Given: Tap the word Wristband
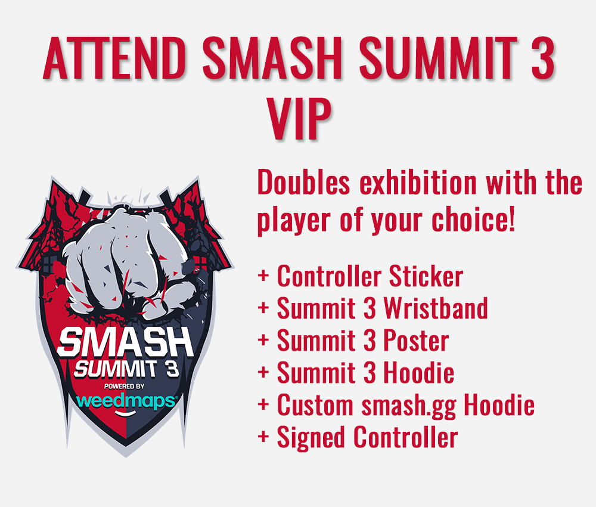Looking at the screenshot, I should (436, 308).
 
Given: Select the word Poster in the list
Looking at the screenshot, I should (416, 341).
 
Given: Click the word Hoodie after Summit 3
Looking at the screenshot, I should (419, 373).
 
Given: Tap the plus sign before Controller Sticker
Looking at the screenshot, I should (264, 277).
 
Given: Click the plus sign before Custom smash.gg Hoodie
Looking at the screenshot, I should (264, 406).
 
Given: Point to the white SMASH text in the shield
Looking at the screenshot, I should (126, 345).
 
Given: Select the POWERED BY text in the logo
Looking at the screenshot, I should (126, 386).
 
